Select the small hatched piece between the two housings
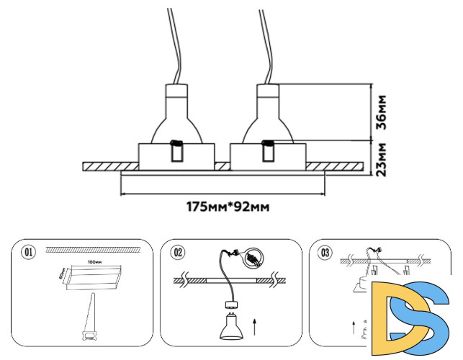[x=222, y=166]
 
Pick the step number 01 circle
[x=29, y=252]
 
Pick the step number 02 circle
[x=178, y=252]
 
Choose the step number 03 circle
[x=325, y=252]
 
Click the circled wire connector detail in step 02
[x=253, y=257]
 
